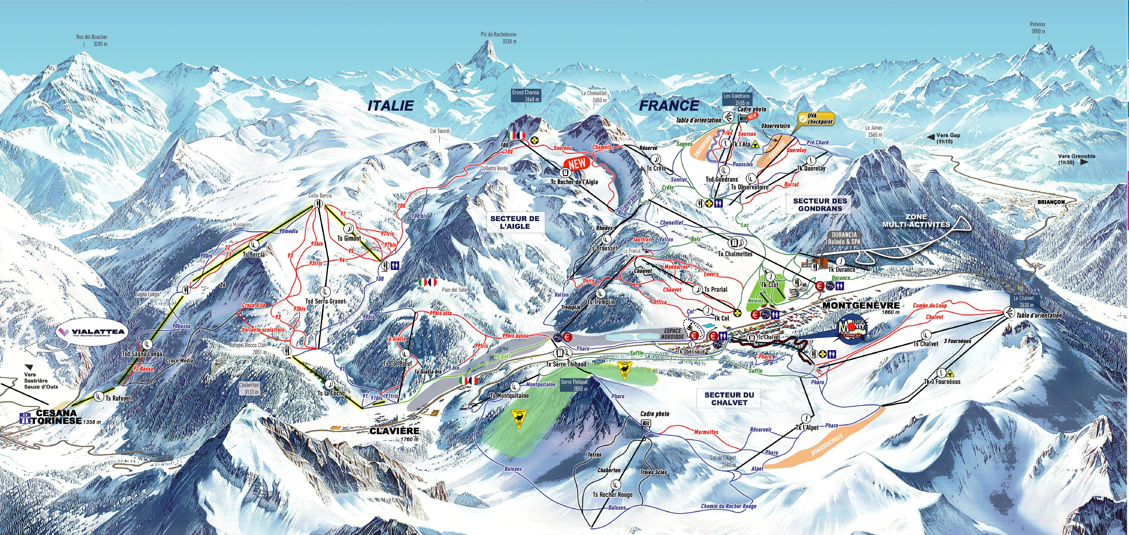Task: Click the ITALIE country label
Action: [390, 106]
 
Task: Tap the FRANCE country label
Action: [669, 106]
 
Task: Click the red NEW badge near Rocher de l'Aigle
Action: [577, 164]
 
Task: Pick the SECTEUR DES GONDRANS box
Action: [820, 204]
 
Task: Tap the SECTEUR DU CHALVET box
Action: [729, 398]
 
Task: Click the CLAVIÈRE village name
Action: [394, 431]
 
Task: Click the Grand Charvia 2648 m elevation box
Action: [525, 96]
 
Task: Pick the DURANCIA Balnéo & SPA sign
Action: [844, 238]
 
